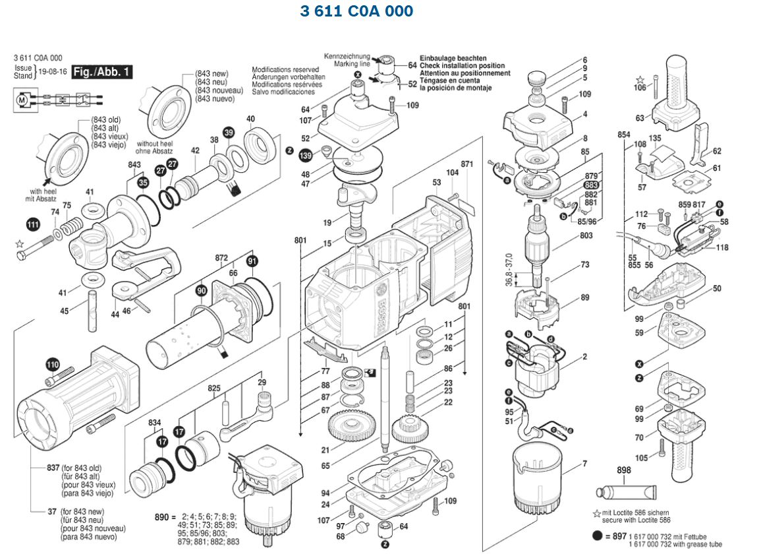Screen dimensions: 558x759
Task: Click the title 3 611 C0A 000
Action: (356, 11)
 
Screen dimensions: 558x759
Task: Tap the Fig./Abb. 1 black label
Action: (102, 71)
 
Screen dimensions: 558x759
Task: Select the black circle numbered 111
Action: (32, 226)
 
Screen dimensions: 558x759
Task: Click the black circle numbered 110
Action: (53, 364)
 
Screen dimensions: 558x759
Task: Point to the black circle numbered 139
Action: (305, 156)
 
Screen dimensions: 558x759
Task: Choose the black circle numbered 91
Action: (252, 261)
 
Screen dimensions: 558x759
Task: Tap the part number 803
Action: (586, 235)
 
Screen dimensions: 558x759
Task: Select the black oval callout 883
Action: (591, 185)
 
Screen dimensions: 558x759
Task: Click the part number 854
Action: (623, 135)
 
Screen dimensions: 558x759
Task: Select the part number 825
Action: (214, 389)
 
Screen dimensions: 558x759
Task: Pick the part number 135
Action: (655, 139)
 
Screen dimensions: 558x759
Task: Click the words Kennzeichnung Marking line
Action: (347, 61)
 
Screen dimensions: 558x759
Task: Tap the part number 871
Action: (467, 164)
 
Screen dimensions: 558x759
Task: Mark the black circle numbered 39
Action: (229, 133)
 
